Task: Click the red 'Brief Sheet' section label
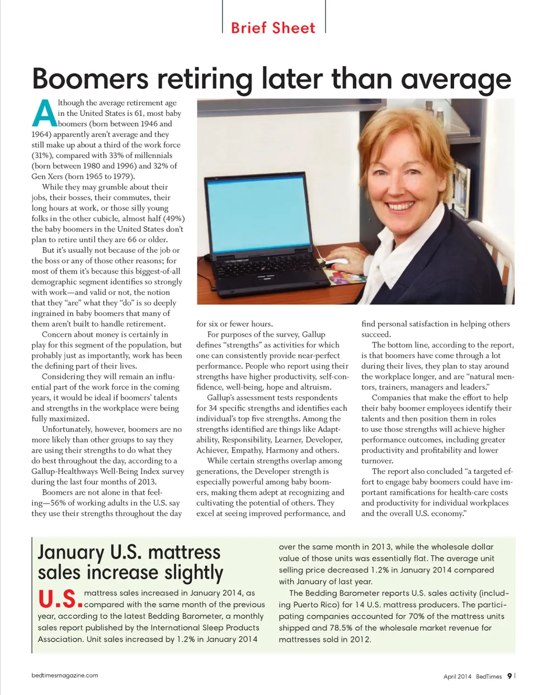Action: [273, 28]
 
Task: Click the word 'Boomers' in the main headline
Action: [90, 78]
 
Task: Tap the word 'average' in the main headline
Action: [456, 79]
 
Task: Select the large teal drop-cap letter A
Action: [44, 114]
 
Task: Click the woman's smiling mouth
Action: [401, 206]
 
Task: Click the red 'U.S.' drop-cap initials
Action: [60, 598]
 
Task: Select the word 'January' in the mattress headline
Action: [70, 552]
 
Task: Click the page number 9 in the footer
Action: [509, 676]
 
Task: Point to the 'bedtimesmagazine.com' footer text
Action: [65, 675]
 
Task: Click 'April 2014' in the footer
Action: [457, 677]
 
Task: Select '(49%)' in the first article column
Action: [173, 219]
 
